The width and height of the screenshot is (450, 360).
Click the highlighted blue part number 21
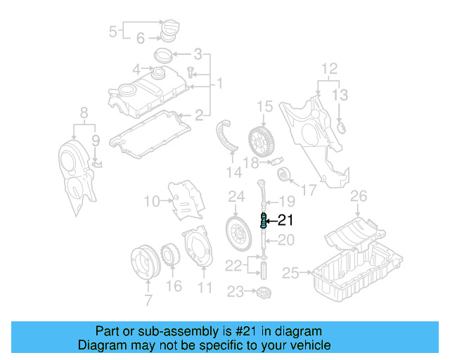[x=264, y=221]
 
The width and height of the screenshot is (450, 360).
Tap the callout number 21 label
[x=285, y=221]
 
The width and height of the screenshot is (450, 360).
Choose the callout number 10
[x=150, y=202]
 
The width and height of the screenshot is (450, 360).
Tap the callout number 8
[x=84, y=112]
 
